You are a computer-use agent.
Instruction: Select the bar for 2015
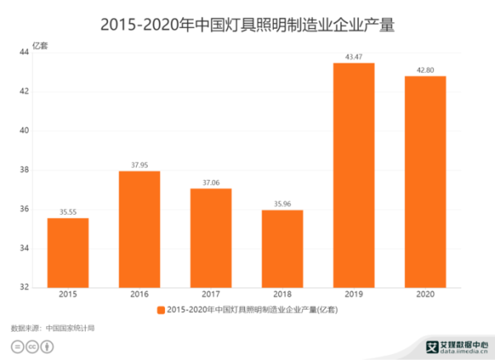68,253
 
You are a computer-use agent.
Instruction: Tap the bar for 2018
282,249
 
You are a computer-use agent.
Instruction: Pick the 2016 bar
139,229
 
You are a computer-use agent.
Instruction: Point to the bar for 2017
210,238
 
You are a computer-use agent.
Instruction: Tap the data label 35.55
68,211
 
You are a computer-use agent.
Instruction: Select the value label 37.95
139,164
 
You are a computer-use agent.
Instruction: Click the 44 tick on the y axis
25,52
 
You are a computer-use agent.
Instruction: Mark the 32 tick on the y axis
25,287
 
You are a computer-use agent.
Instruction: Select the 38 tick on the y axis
25,170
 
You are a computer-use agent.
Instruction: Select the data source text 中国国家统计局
71,328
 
